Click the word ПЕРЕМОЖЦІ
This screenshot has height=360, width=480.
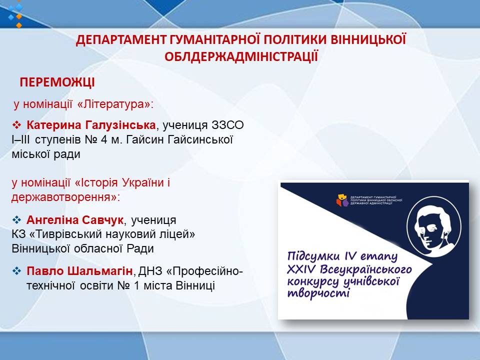(x=57, y=82)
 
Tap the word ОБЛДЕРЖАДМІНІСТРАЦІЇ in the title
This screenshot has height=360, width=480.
(x=241, y=56)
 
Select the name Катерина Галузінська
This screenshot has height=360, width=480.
(x=91, y=125)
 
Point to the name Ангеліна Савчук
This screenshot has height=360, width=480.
(x=75, y=220)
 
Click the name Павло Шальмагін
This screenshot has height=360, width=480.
(x=79, y=271)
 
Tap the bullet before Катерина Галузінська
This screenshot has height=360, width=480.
(x=16, y=125)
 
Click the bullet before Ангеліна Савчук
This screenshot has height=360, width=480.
(x=16, y=220)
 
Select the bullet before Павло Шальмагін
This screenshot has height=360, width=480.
(x=16, y=271)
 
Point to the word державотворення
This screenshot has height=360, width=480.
(x=61, y=197)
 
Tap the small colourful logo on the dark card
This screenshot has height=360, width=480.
(x=342, y=200)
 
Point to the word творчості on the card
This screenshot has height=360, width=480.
(x=318, y=293)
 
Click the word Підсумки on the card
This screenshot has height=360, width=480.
(x=313, y=256)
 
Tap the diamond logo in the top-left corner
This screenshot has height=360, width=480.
(x=15, y=14)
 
